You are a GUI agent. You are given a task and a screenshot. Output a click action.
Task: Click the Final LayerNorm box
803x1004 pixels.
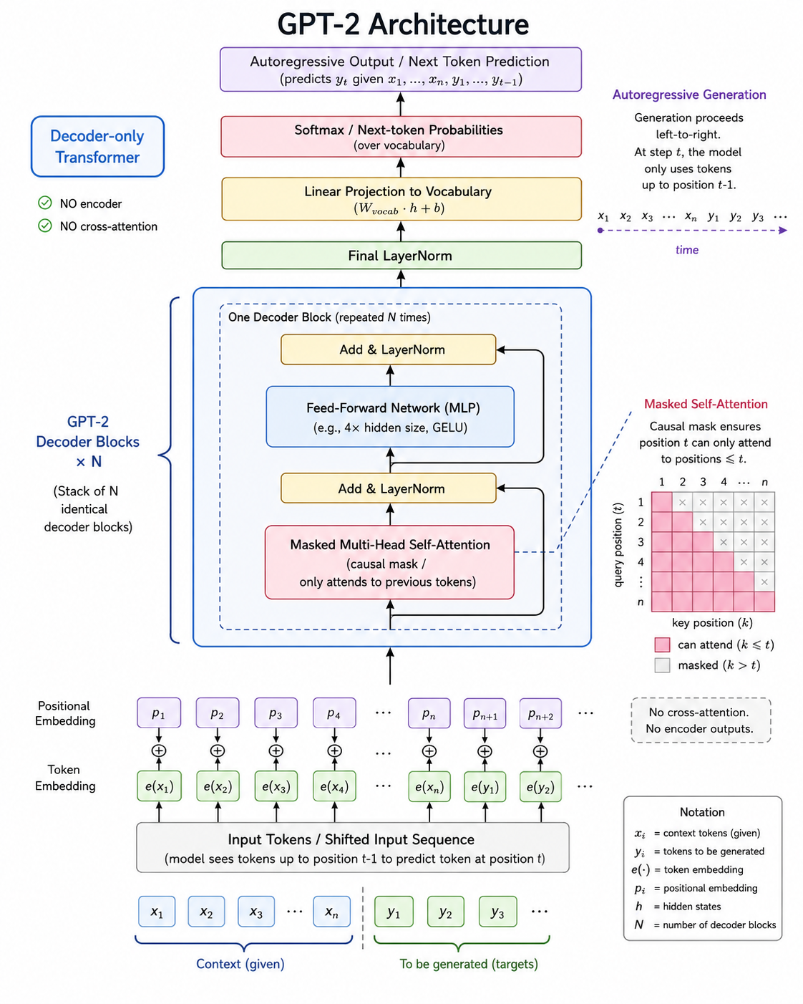pos(401,255)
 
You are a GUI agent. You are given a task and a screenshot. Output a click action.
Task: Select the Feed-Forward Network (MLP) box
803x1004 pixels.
pos(390,417)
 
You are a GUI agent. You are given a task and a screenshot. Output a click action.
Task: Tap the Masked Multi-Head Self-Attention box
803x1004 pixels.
pos(389,562)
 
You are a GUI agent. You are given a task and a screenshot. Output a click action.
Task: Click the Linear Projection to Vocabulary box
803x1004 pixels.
pos(401,199)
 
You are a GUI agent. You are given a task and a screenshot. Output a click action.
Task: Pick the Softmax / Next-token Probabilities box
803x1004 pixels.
pos(401,137)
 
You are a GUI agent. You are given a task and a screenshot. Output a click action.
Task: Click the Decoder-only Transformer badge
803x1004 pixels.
pos(97,147)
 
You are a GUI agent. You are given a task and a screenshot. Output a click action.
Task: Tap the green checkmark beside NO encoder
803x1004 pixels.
pos(45,203)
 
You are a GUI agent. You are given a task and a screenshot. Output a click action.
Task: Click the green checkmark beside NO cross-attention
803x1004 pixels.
pos(45,226)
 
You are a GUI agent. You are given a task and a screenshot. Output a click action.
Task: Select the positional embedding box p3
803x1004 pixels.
pos(276,713)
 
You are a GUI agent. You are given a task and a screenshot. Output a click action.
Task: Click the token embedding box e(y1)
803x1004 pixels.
pos(485,787)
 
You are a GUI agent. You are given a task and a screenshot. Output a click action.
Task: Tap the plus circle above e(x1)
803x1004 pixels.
pos(159,750)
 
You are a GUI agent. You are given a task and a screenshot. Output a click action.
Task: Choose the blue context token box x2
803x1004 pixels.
pos(206,911)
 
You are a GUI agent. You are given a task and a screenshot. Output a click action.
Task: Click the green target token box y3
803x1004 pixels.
pos(497,911)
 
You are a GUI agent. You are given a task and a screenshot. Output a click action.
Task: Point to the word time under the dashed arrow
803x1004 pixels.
pos(687,250)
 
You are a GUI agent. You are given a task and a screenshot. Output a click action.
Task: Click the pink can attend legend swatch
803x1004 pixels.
pos(662,645)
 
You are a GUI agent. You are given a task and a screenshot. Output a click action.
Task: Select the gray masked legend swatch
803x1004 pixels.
pos(662,665)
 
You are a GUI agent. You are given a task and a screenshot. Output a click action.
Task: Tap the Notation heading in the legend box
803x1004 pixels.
pos(702,812)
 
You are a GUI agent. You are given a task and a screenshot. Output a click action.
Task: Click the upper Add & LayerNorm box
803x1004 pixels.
pos(388,349)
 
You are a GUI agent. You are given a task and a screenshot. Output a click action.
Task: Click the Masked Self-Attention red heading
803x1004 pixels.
pos(706,404)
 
